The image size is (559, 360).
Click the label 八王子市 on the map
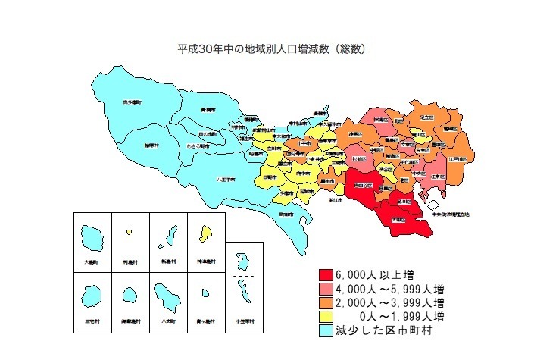coord(225,180)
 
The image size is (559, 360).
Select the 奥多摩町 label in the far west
coord(133,102)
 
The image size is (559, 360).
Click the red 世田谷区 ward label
coord(362,184)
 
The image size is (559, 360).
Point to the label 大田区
coord(398,219)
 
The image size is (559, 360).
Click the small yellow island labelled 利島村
coord(130,232)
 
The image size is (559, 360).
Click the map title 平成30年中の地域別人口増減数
coord(273,49)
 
